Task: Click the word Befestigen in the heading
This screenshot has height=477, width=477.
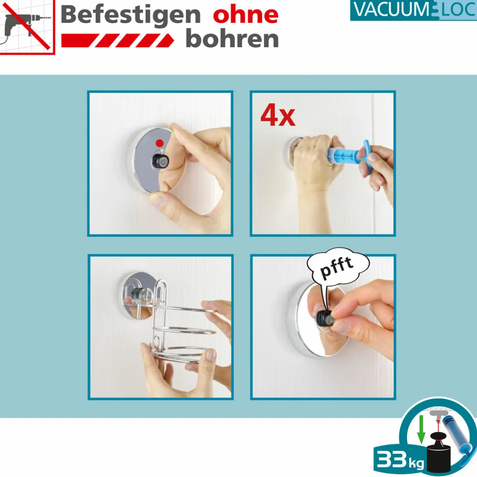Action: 130,15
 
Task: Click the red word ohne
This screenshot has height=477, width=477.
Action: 245,15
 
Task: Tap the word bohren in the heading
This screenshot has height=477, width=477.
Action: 232,39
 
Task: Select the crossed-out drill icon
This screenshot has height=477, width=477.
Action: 27,27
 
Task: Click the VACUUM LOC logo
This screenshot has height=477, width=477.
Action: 413,10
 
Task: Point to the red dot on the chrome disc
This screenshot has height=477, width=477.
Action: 160,143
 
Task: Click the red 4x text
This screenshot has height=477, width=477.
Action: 278,115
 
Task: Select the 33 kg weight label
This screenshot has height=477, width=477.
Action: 400,459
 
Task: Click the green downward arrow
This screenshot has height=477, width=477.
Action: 421,429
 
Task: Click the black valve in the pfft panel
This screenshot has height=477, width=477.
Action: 323,318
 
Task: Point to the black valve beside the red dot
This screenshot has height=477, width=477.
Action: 160,160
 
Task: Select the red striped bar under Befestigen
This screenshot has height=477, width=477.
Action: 118,40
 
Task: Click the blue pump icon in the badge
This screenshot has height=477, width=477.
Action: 457,438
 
